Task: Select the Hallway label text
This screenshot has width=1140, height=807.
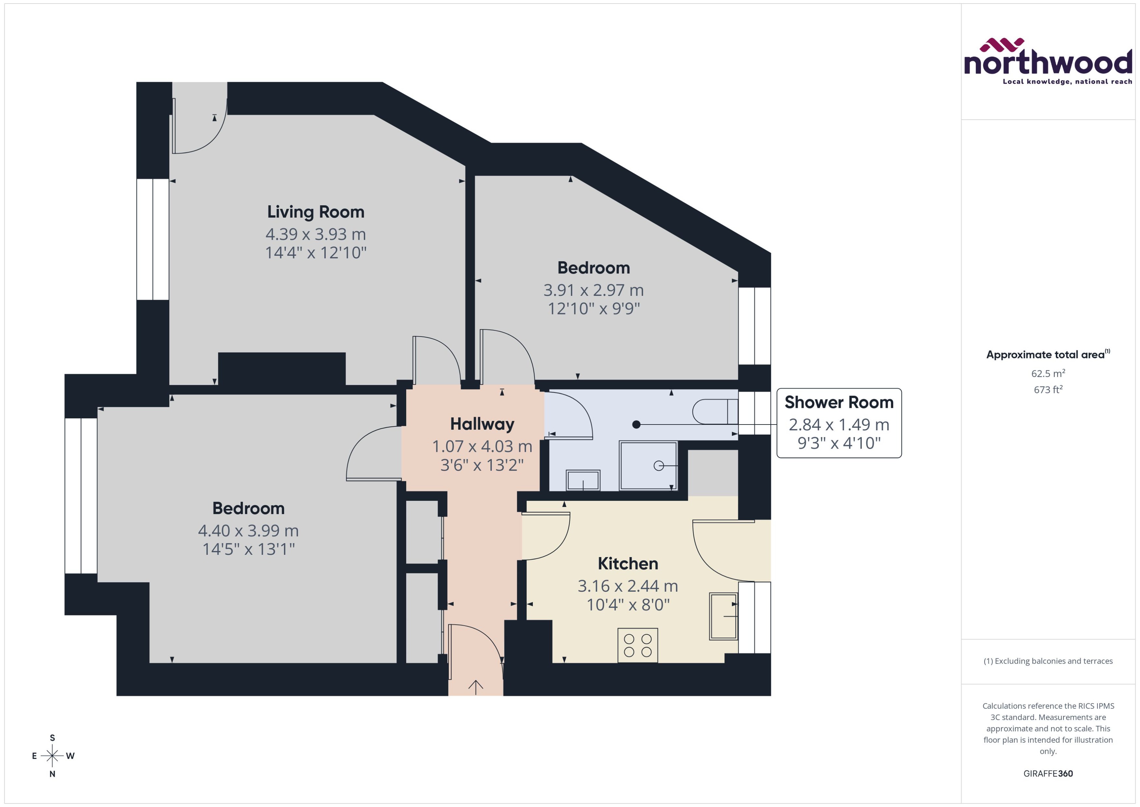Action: click(482, 424)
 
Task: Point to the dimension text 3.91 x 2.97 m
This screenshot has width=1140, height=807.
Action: click(593, 290)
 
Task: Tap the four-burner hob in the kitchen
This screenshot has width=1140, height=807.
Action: click(637, 645)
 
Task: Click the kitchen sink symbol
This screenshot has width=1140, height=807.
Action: click(723, 616)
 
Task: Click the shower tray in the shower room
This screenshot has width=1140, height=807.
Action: click(648, 466)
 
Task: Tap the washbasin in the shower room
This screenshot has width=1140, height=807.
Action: click(583, 481)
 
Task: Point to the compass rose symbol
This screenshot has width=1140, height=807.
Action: click(52, 756)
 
